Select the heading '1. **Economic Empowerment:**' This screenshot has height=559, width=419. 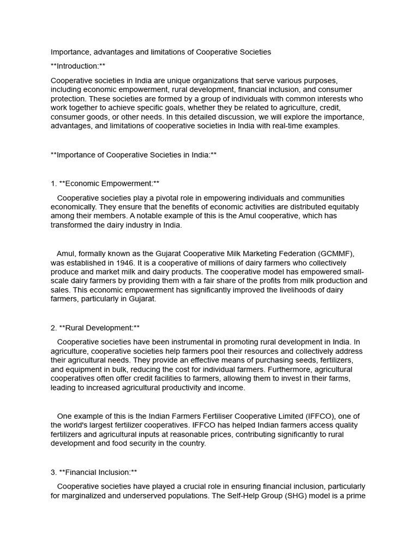105,183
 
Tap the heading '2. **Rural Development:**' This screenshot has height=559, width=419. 95,328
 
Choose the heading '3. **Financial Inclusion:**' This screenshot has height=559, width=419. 94,472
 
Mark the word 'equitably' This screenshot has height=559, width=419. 342,207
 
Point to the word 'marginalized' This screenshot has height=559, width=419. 86,496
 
